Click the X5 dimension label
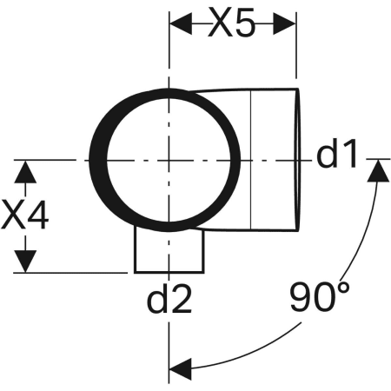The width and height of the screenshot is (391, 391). coord(232,23)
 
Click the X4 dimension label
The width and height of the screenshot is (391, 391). coord(25,215)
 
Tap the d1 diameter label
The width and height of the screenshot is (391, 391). coord(336,153)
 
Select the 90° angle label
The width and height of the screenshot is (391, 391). coord(320,297)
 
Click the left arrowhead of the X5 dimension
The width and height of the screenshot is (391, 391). coord(181,23)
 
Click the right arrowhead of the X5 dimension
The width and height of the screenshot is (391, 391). coord(284,23)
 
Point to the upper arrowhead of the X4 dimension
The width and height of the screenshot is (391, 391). coord(25,172)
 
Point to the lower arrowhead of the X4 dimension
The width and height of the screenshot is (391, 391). coord(25,262)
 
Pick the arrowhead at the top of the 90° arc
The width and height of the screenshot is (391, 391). coord(378,170)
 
